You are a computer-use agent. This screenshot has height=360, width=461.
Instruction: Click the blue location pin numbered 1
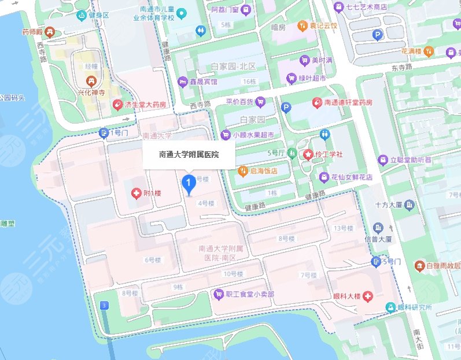coord(188,183)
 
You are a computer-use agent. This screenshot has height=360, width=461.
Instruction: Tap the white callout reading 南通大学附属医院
coord(189,155)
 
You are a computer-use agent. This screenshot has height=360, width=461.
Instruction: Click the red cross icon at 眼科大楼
coord(367,296)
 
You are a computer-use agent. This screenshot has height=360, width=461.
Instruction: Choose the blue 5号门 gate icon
coord(377,262)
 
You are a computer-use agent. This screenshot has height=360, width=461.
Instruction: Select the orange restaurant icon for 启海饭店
coord(244,171)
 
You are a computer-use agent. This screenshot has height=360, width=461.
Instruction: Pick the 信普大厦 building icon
coord(379,228)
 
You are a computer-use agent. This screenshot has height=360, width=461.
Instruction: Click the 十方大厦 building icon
coord(410,205)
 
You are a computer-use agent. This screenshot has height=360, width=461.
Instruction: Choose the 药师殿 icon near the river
coord(50,32)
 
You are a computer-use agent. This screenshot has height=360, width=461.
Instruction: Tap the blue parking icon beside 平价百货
coord(285,107)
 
